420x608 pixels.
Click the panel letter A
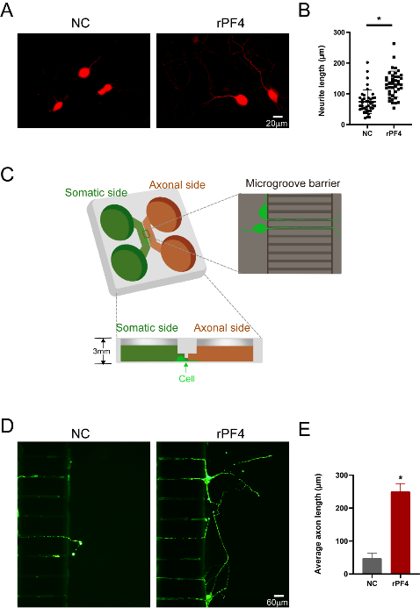7,10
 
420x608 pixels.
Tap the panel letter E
305,429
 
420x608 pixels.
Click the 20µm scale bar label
277,124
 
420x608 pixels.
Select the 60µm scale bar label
277,602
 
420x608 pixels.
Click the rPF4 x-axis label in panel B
394,133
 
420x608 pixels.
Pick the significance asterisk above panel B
379,18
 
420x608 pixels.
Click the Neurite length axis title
322,81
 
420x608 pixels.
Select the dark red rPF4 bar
400,533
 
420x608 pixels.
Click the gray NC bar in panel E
372,566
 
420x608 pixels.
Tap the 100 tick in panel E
342,541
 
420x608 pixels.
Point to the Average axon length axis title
318,524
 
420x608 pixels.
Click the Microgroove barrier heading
293,183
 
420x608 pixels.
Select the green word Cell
186,378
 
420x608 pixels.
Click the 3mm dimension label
101,351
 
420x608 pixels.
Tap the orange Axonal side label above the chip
177,185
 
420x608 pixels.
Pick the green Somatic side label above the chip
96,193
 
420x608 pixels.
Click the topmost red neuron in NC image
84,72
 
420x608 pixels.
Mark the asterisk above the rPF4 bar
400,478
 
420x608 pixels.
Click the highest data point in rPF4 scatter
394,44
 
